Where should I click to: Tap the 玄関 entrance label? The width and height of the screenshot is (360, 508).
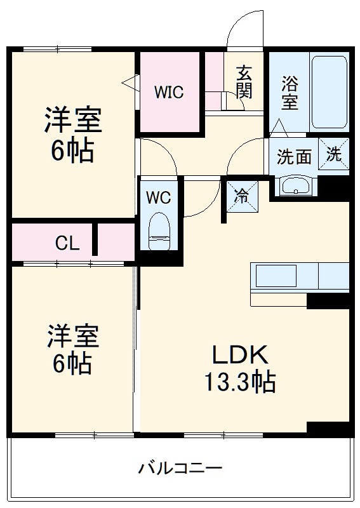[x=244, y=82]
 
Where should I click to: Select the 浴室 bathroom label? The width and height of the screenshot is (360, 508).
[x=290, y=93]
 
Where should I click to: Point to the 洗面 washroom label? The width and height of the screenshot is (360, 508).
[x=295, y=156]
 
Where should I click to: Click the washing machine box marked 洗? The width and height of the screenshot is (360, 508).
[x=334, y=154]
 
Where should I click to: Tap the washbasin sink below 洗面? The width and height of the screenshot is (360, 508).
[x=295, y=186]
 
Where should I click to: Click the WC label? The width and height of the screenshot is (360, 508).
[x=159, y=197]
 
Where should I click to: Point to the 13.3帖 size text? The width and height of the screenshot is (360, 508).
[x=239, y=382]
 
